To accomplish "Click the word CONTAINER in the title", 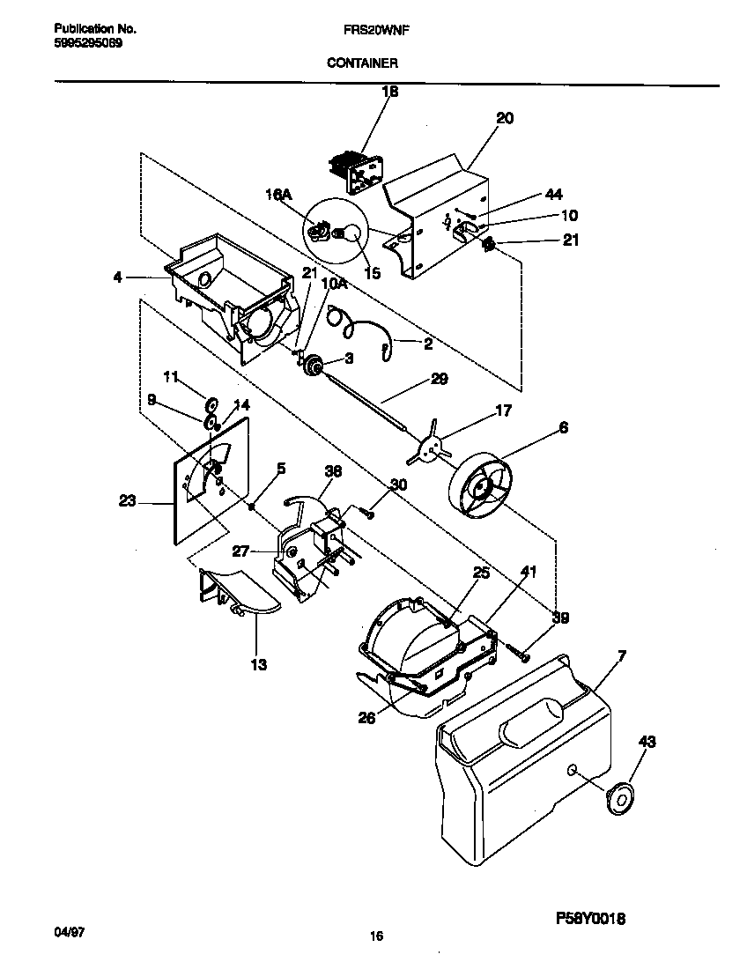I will (x=362, y=63).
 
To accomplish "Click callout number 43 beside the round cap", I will (x=646, y=743).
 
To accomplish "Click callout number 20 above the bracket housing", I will (x=505, y=118).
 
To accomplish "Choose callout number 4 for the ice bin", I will (x=117, y=277).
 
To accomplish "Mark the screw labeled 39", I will (x=518, y=653).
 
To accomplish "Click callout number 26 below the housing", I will (x=366, y=718).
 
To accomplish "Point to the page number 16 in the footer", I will (x=376, y=937).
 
